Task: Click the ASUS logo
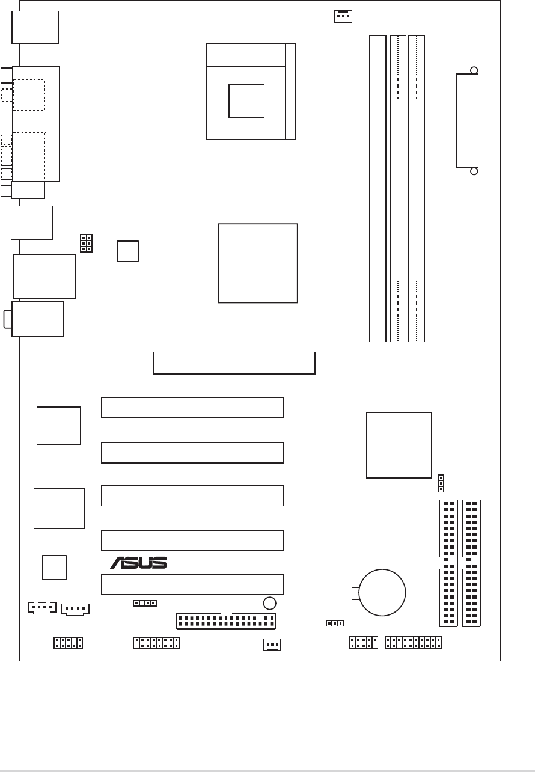pos(138,563)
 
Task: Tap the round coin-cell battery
pos(382,592)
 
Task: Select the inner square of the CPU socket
pos(246,102)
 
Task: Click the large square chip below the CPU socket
pos(257,263)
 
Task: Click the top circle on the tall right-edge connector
pos(474,70)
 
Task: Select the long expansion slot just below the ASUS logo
pos(192,584)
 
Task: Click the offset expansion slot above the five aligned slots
pos(234,363)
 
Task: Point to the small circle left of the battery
pos(270,603)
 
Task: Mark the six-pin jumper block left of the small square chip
pos(85,243)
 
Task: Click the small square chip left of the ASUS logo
pos(54,567)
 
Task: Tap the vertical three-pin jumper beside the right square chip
pos(441,483)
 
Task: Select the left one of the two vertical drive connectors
pos(448,563)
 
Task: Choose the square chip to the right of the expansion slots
pos(399,445)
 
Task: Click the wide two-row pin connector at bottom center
pos(225,620)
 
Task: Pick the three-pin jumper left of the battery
pos(335,623)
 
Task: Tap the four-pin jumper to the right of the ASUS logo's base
pos(145,602)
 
